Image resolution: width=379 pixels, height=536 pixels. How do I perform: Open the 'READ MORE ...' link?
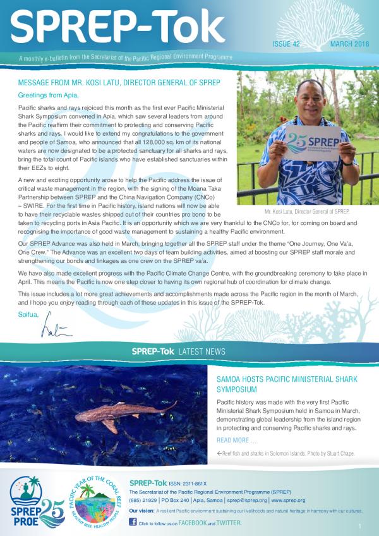point(236,439)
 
